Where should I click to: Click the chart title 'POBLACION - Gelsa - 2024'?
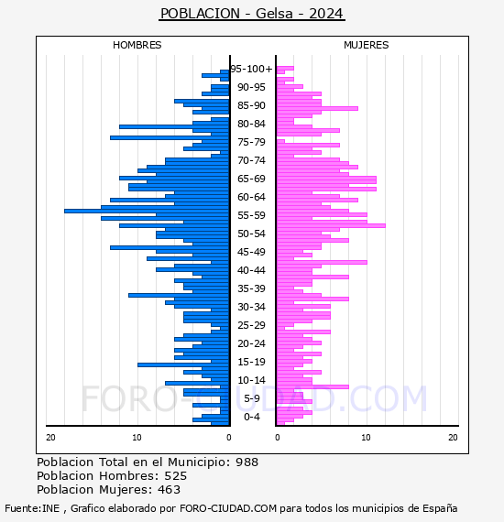point(251,14)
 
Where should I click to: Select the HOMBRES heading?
point(137,45)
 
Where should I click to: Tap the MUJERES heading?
point(367,45)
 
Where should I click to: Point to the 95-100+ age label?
point(251,69)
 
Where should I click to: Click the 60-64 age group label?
point(251,197)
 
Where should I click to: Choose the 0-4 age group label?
point(252,417)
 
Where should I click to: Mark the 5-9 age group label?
point(252,398)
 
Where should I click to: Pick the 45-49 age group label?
point(251,252)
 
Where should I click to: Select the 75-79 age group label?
point(251,142)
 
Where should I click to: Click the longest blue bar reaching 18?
point(147,211)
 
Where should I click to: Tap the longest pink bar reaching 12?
point(331,225)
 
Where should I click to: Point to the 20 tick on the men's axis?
point(50,438)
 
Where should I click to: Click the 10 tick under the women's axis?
point(366,438)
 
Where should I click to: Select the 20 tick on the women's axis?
point(453,438)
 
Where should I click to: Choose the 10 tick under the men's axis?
point(137,438)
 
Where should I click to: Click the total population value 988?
point(247,462)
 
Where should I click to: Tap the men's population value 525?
point(176,476)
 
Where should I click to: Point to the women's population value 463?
point(169,490)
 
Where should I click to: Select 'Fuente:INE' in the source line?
point(32,508)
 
